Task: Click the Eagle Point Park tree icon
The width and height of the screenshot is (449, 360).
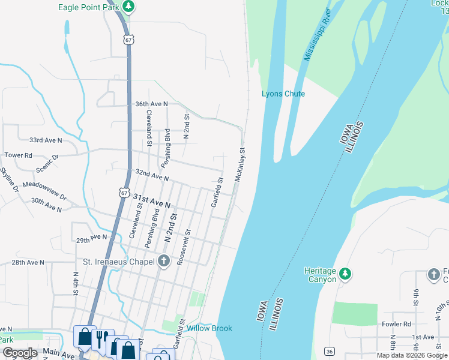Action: (128, 7)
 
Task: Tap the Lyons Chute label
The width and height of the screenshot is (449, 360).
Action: (283, 94)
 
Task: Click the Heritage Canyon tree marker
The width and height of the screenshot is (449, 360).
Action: (345, 274)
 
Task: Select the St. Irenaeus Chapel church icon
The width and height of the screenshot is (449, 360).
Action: (163, 261)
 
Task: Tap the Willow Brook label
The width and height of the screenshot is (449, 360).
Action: (209, 328)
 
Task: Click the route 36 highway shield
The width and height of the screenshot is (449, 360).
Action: (329, 350)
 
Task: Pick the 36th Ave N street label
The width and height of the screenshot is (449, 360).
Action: (151, 104)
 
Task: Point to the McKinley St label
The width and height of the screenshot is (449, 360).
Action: (240, 165)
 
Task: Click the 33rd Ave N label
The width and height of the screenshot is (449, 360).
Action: (46, 140)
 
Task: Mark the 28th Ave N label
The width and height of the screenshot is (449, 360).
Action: (28, 262)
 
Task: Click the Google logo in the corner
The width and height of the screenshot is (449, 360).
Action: (19, 353)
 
